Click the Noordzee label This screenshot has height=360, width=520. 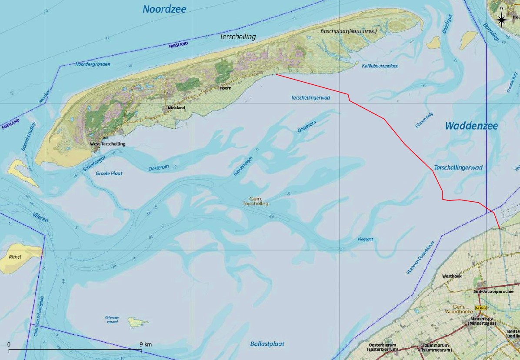pyautogui.click(x=164, y=9)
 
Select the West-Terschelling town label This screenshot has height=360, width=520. pyautogui.click(x=107, y=144)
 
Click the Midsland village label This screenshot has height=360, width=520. pyautogui.click(x=176, y=108)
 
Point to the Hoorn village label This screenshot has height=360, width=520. pyautogui.click(x=225, y=88)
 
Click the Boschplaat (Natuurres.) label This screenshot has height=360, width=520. pyautogui.click(x=348, y=31)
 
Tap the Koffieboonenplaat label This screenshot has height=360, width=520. pyautogui.click(x=380, y=66)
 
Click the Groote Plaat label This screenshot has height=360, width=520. pyautogui.click(x=109, y=173)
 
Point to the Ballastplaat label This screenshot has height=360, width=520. pyautogui.click(x=267, y=344)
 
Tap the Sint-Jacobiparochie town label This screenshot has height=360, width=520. pyautogui.click(x=496, y=291)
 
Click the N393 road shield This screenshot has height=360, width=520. pyautogui.click(x=480, y=308)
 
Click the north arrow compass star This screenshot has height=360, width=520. pyautogui.click(x=501, y=19)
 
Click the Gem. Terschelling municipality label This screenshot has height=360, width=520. pyautogui.click(x=256, y=201)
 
